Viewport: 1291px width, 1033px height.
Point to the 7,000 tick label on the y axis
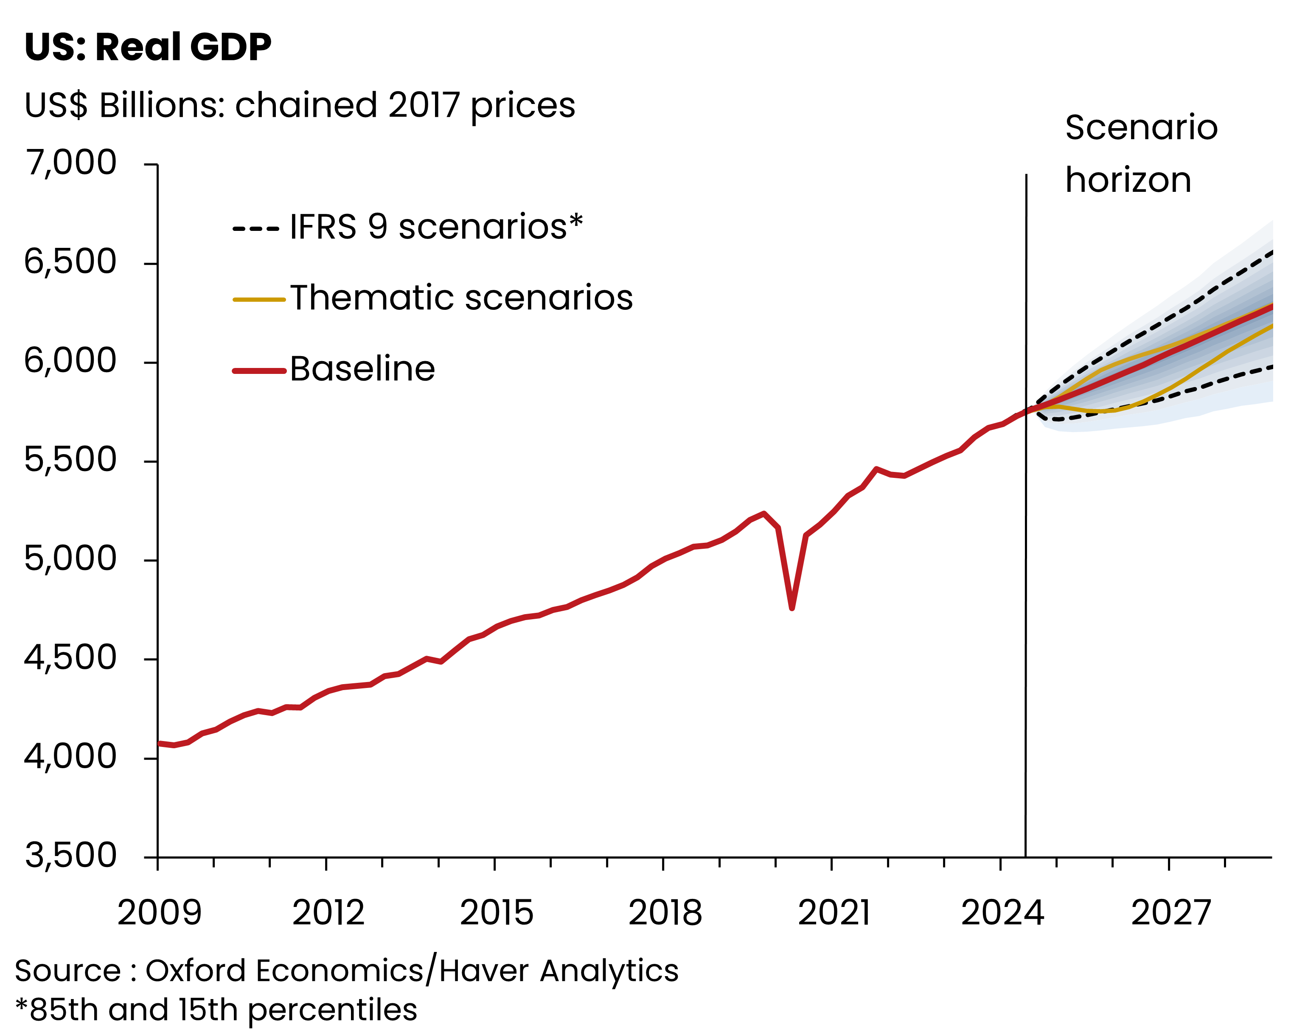point(70,163)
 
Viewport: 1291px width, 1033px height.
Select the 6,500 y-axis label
point(70,262)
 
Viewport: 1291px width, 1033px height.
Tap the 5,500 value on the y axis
point(70,460)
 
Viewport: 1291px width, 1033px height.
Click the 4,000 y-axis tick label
point(70,757)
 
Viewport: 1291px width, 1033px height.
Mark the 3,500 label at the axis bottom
point(70,856)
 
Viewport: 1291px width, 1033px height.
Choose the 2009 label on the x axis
point(159,912)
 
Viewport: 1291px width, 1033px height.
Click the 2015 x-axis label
point(497,912)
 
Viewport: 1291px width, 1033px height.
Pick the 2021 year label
point(834,912)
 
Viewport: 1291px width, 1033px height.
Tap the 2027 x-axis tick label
point(1170,912)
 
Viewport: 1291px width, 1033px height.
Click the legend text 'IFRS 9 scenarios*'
point(436,227)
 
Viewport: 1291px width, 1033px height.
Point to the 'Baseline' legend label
point(363,369)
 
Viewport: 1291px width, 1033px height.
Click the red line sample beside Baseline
point(259,371)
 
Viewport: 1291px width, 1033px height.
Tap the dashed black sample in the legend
point(255,229)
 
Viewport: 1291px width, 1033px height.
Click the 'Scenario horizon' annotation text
point(1141,153)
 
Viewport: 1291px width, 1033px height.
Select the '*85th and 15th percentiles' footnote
point(216,1010)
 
